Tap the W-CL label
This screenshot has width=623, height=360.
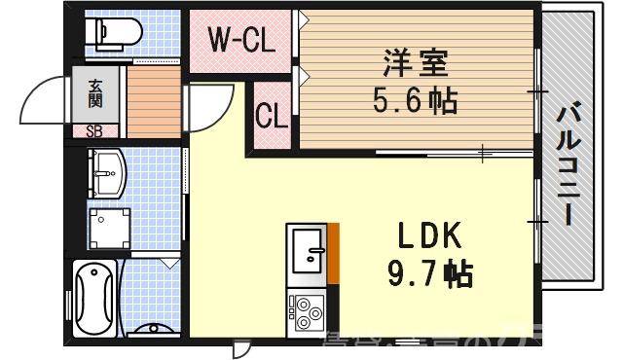point(239,42)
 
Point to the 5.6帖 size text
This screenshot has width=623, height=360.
point(416,99)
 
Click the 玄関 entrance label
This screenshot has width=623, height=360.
point(94,92)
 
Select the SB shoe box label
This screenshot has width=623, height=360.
point(94,130)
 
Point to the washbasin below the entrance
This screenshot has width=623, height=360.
point(107,173)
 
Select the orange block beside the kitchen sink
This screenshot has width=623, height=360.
point(333,254)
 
